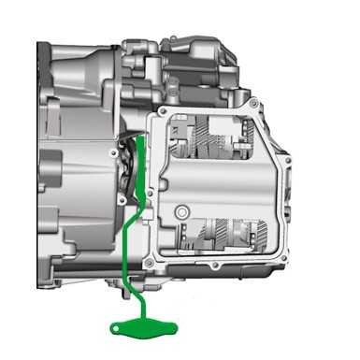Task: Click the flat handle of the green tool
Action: (x=132, y=325)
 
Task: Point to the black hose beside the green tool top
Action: (x=125, y=154)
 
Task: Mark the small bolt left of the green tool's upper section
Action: (x=122, y=199)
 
